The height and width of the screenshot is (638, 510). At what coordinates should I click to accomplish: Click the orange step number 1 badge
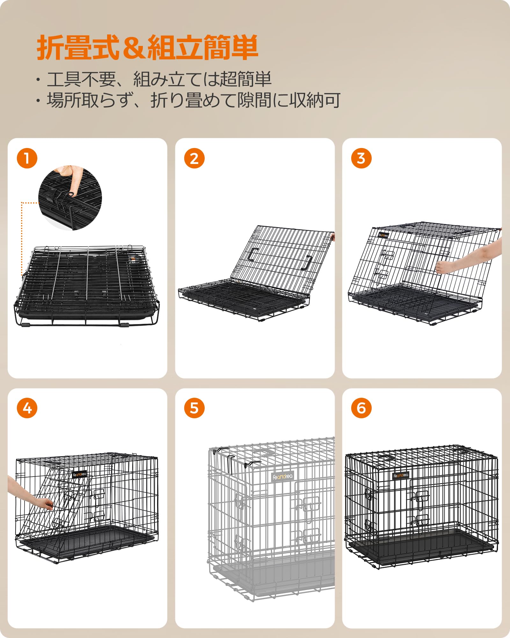[x=27, y=158]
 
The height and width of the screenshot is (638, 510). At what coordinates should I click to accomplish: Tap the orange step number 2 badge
[x=194, y=158]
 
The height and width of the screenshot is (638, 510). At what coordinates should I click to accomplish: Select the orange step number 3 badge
[x=361, y=158]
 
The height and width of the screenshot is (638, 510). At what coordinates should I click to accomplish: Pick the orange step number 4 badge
[x=27, y=408]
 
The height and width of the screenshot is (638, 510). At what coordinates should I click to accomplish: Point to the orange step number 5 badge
[x=194, y=408]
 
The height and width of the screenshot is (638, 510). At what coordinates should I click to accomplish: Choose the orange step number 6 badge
[x=361, y=408]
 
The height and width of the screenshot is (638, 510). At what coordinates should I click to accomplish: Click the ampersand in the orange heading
[x=134, y=48]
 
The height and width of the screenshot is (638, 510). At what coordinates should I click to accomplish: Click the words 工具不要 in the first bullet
[x=81, y=79]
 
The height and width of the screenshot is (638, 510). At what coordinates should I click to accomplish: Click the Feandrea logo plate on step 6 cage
[x=401, y=476]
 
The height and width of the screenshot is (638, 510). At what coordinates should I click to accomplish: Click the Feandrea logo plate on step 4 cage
[x=79, y=474]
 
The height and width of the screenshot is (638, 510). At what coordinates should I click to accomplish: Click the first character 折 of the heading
[x=50, y=48]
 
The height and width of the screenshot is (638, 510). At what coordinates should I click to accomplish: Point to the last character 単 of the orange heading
[x=244, y=48]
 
